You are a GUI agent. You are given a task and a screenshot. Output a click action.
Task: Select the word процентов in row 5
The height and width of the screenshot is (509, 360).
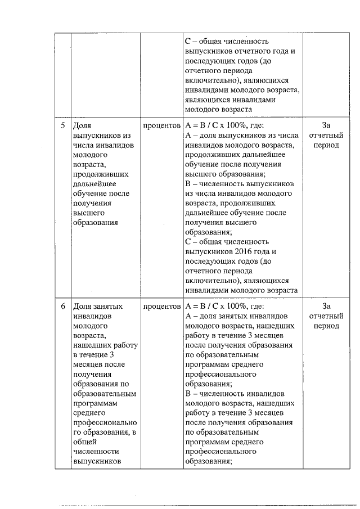pyautogui.click(x=161, y=125)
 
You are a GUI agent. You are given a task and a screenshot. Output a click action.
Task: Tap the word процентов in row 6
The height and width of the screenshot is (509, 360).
pyautogui.click(x=161, y=307)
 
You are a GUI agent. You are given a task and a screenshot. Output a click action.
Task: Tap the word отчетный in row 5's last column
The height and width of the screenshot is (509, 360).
pyautogui.click(x=326, y=136)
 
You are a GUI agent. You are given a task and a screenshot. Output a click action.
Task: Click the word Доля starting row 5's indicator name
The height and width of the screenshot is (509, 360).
pyautogui.click(x=82, y=125)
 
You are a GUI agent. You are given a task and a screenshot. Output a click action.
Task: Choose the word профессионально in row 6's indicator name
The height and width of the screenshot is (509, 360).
pyautogui.click(x=105, y=422)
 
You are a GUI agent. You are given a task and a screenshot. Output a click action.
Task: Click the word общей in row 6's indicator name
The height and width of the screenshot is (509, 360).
pyautogui.click(x=84, y=442)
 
